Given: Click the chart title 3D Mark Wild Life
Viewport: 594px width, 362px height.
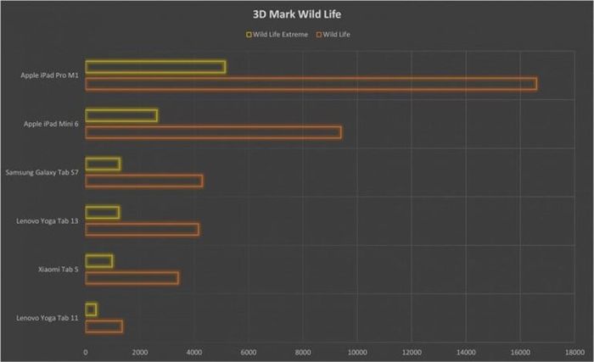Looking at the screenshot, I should pos(296,14).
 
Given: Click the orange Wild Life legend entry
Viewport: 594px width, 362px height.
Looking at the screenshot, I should pos(333,35).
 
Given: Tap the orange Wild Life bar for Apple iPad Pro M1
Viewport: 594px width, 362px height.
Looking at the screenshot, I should pos(311,83).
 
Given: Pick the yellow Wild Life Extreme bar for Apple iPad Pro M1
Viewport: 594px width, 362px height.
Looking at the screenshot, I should pos(155,67).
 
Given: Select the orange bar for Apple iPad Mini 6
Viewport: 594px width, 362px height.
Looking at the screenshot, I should pos(213,132).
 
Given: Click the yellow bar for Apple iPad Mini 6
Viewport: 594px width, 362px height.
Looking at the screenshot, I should pos(121,115).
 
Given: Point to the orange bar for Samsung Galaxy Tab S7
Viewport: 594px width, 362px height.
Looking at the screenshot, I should pos(143,181).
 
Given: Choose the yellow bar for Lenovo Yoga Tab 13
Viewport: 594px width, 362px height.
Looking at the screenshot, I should pos(102,213).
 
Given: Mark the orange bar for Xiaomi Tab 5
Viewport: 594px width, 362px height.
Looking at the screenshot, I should pos(132,277).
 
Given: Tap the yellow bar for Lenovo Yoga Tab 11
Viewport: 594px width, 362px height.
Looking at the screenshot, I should pos(91,309).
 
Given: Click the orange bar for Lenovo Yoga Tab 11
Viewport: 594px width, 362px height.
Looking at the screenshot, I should pos(104,326).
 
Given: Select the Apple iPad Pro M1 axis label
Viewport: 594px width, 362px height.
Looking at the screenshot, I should pos(50,75).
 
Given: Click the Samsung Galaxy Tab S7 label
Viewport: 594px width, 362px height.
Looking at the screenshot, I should pos(42,173).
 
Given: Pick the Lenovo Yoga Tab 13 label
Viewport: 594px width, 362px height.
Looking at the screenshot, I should pos(48,221).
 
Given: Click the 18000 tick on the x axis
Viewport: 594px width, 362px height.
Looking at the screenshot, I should pos(574,351).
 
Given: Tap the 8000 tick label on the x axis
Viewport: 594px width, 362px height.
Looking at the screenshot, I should pos(303,351).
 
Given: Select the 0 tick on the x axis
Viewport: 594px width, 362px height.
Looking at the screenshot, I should pos(86,351).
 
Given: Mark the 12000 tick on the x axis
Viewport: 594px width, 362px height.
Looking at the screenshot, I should pos(412,351).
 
